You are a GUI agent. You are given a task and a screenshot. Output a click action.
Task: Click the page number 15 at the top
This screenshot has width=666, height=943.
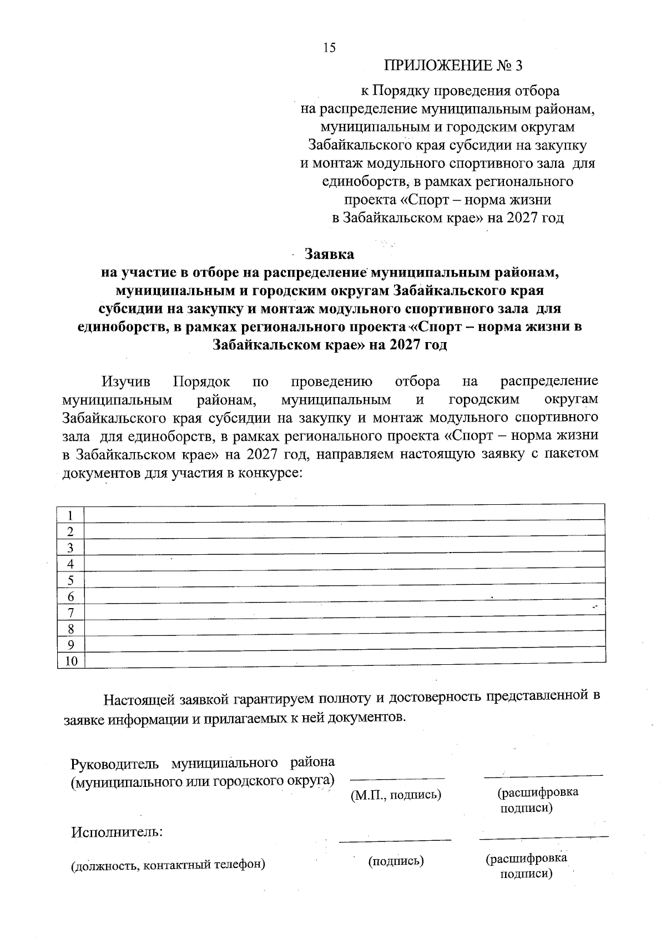(329, 48)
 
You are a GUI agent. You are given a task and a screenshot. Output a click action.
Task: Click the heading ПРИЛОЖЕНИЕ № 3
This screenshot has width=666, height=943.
(453, 66)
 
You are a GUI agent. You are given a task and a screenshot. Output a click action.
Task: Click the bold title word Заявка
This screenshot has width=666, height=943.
(329, 254)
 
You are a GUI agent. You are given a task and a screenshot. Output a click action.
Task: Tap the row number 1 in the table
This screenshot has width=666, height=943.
(70, 515)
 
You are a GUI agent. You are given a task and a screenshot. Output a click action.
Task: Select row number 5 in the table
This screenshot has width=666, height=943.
(70, 581)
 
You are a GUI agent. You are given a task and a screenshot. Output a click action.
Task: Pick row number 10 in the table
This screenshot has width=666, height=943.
(72, 661)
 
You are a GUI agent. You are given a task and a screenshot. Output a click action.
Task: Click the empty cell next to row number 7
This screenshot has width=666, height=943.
(344, 613)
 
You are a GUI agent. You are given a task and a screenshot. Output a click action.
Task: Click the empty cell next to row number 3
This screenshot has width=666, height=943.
(344, 548)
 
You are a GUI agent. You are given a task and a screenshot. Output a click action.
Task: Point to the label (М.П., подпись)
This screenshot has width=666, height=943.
(396, 795)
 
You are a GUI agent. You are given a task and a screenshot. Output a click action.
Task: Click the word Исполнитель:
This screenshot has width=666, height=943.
(117, 832)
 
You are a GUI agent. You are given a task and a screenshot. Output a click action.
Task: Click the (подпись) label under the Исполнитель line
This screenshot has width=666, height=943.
(396, 861)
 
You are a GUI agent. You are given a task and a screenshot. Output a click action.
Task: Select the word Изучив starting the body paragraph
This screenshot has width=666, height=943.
(126, 382)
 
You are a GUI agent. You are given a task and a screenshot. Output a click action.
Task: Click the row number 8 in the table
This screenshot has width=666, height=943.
(70, 629)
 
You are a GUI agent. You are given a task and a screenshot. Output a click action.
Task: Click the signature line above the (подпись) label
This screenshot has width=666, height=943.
(395, 841)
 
